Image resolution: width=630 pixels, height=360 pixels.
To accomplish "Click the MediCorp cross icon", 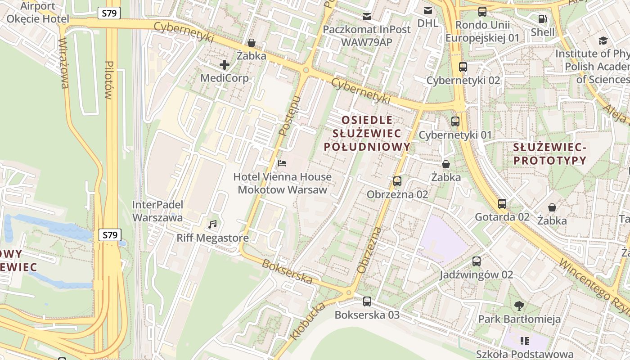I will (x=225, y=65).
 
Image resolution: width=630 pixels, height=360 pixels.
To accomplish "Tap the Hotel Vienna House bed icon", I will (x=282, y=163).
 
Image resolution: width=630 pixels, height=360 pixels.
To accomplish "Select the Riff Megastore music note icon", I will (x=212, y=224).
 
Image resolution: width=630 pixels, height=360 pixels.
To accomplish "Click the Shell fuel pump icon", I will (x=543, y=19).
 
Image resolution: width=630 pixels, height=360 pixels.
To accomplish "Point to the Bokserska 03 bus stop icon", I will (x=367, y=301).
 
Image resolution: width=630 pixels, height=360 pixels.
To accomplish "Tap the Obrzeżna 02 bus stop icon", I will (x=397, y=181).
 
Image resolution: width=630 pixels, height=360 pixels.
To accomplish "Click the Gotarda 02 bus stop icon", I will (x=502, y=203).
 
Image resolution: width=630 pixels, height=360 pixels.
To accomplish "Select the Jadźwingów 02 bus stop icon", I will (x=476, y=261).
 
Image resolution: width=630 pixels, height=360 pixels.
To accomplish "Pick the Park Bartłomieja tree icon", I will (x=519, y=306).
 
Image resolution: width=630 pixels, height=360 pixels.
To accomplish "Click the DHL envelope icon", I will (x=427, y=10).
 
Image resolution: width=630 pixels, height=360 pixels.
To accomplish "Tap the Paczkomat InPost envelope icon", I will (x=367, y=17).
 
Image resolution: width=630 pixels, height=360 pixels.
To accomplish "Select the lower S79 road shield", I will (x=110, y=234).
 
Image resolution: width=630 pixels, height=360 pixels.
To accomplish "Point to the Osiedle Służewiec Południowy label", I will (x=367, y=133).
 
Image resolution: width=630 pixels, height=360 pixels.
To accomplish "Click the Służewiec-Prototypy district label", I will (x=550, y=154).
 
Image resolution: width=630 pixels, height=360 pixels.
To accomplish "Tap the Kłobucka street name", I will (x=307, y=322).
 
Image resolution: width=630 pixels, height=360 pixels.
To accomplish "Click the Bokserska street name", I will (x=287, y=272).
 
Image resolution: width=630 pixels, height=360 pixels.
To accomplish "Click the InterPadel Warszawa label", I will (x=157, y=211).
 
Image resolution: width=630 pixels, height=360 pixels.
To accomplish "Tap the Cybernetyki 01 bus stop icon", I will (x=455, y=121).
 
